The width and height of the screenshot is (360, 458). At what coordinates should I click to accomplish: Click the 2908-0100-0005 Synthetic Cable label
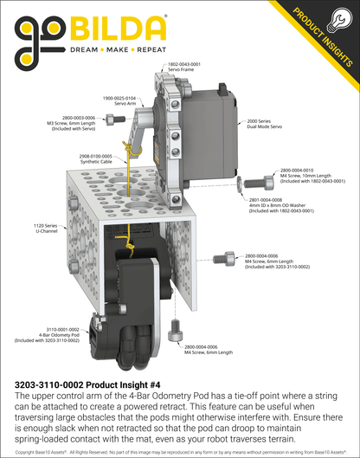click(x=95, y=162)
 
